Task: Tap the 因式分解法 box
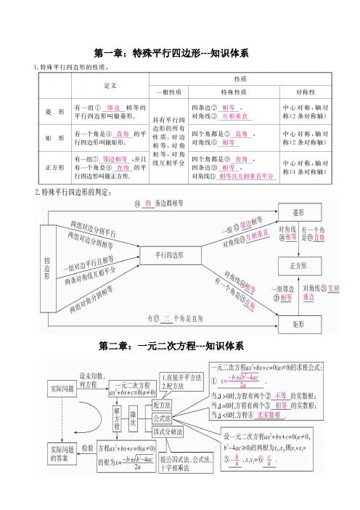coord(167,432)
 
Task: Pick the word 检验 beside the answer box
coord(88,449)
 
